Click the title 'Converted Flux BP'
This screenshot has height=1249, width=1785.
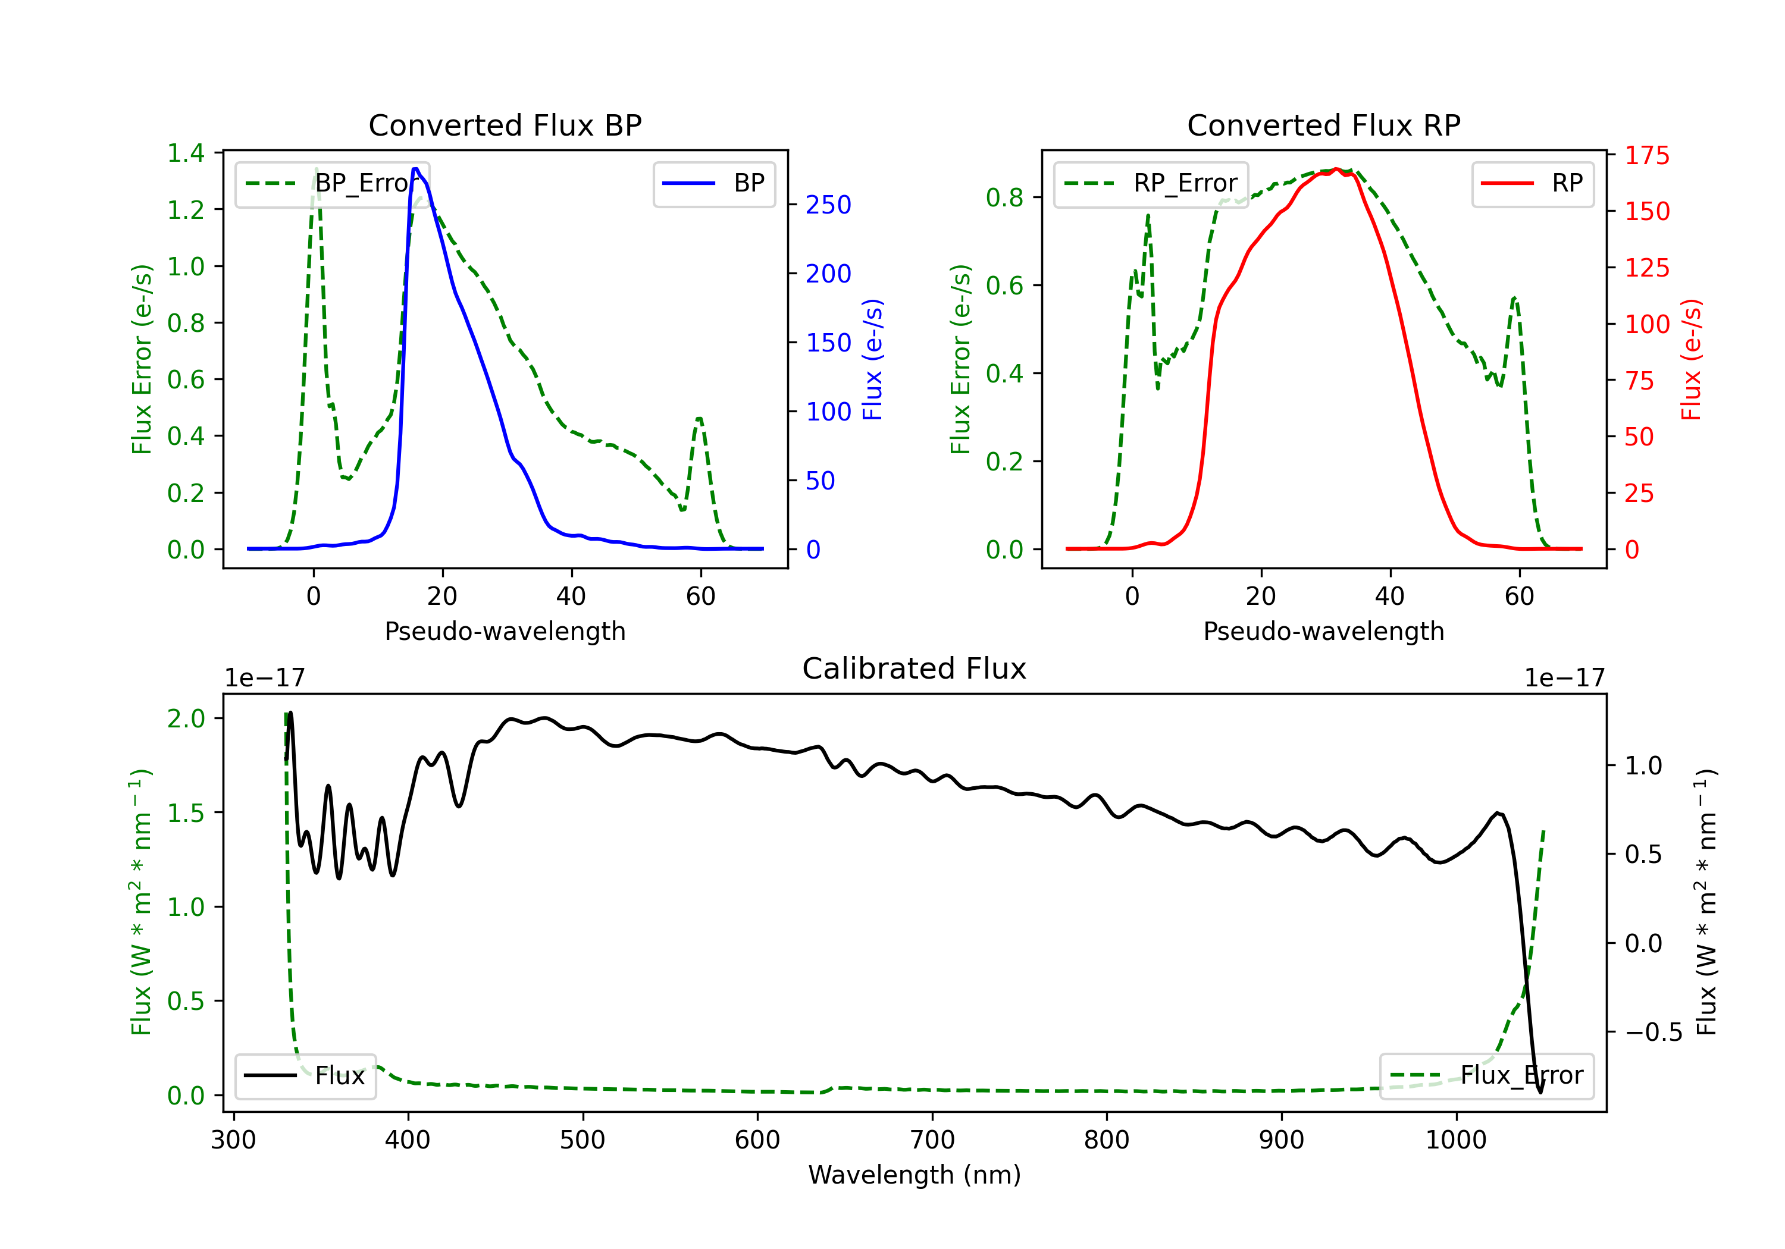[505, 125]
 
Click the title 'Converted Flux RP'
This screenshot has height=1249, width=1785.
[1323, 125]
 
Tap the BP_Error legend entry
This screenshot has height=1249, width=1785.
[333, 183]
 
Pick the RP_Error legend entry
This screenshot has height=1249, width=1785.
[1151, 183]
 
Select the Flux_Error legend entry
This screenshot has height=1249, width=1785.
[1486, 1076]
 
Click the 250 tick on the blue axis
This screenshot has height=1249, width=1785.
[828, 205]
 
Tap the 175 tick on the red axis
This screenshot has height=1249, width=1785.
[1646, 155]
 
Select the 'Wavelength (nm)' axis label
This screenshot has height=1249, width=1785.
[915, 1175]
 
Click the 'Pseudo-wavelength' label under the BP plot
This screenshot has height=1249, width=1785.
[505, 631]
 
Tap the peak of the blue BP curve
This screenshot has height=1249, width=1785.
[416, 169]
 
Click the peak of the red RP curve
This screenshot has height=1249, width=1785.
[1336, 169]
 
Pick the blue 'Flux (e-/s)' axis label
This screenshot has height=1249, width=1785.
[872, 359]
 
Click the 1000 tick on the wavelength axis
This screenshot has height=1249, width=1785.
[1455, 1140]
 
